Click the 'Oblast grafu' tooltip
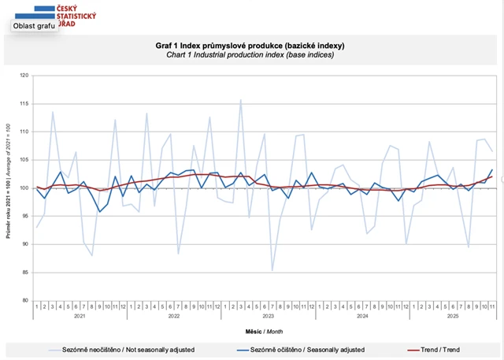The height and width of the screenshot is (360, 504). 34,25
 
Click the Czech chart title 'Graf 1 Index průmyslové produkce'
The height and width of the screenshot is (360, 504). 250,46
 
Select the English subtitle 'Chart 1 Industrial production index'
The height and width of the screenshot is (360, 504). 250,55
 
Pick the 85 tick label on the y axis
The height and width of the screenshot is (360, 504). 24,273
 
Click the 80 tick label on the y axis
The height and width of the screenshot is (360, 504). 24,301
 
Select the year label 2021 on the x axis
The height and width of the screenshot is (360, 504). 80,315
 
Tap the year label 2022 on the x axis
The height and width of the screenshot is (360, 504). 173,315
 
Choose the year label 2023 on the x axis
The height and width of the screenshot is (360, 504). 268,315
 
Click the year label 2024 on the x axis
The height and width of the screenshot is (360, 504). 361,315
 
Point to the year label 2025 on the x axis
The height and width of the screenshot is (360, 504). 452,315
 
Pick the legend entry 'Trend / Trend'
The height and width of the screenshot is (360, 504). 437,349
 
